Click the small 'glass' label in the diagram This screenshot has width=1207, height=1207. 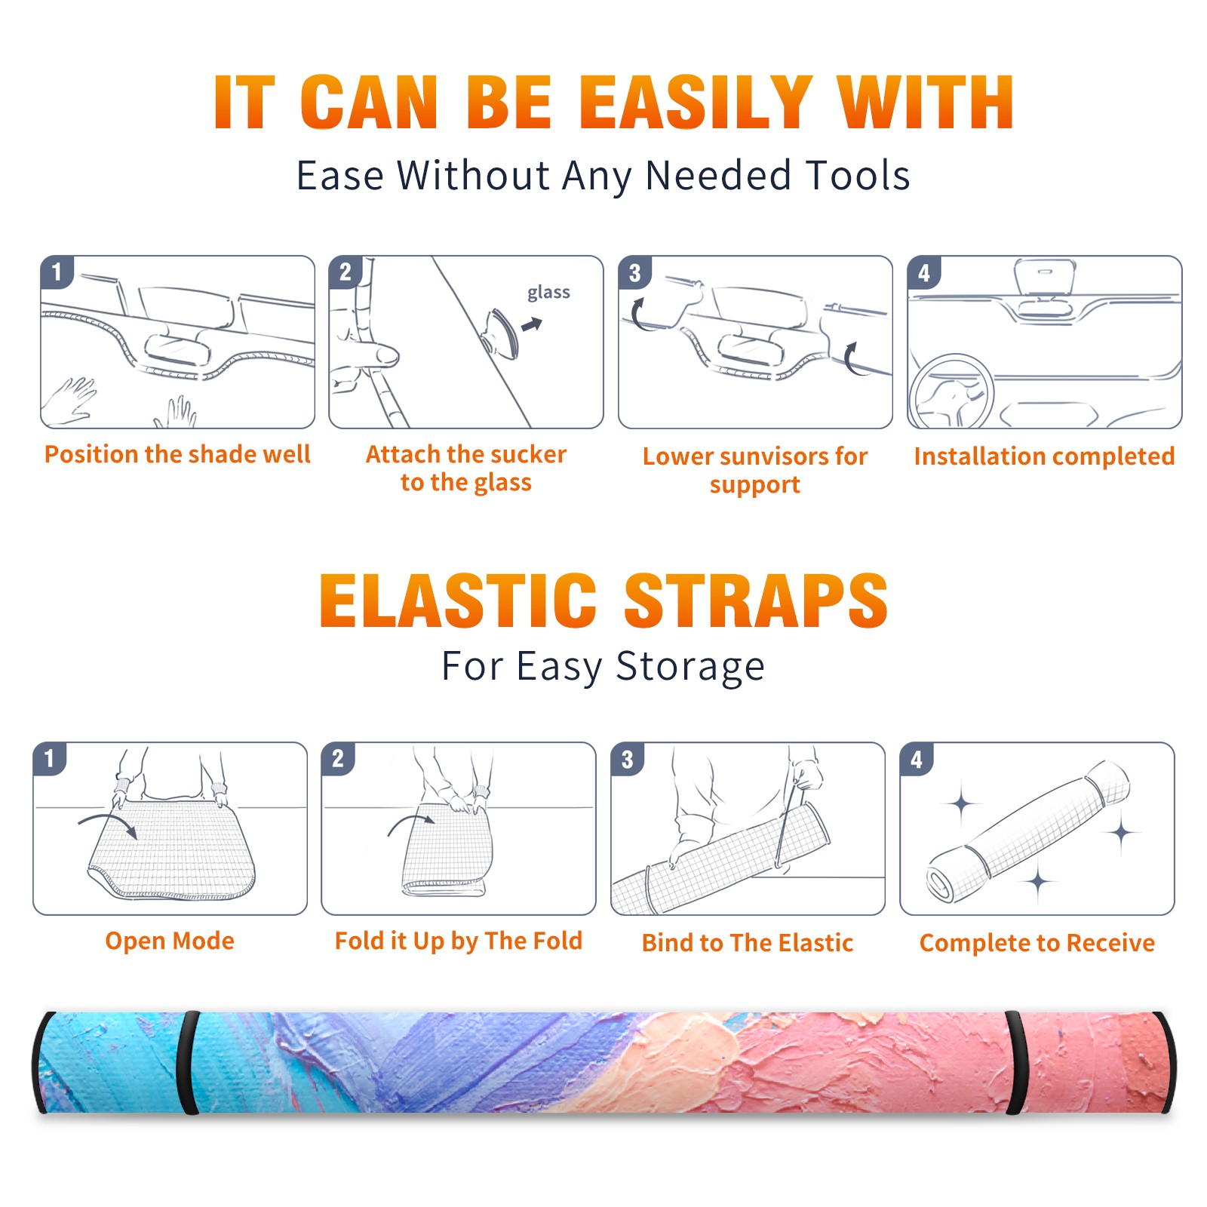[548, 293]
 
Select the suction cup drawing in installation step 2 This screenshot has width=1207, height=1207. [502, 333]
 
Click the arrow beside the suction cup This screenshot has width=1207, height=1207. [532, 325]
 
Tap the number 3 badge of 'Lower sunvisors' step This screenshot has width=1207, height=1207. [634, 272]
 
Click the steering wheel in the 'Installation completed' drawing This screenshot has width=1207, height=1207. [951, 392]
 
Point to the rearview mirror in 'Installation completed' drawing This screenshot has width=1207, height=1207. [1045, 277]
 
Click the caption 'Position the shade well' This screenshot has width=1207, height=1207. [177, 454]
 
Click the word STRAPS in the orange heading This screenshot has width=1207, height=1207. [756, 600]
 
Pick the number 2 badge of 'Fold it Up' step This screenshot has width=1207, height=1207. [337, 759]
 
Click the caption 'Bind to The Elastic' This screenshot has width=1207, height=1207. [748, 943]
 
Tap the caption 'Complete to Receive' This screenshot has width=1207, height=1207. [1037, 943]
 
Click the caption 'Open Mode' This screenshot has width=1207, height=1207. [170, 941]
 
